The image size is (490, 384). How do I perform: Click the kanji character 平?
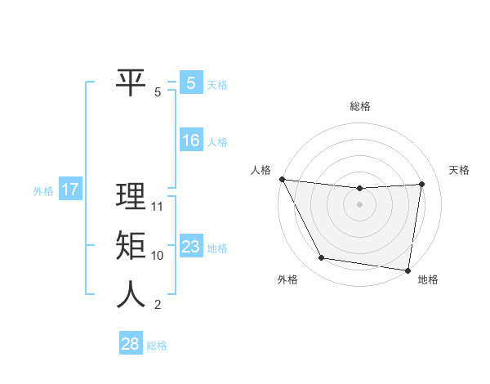(x=131, y=83)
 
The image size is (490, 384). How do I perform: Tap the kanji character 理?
(x=131, y=197)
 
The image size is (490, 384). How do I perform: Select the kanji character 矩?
(x=131, y=246)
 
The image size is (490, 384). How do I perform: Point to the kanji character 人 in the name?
(x=131, y=295)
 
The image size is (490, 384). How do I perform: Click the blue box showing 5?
(x=190, y=83)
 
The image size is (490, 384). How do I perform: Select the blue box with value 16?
(x=190, y=141)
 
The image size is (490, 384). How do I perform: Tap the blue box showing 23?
(x=190, y=247)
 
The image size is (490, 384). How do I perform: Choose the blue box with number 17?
(x=70, y=190)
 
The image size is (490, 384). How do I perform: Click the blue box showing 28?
(x=131, y=344)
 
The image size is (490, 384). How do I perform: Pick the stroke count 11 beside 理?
(x=158, y=207)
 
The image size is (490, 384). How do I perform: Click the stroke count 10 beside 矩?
(x=158, y=256)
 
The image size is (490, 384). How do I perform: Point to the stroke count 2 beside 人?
(x=158, y=306)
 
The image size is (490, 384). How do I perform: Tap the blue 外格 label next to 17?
(x=43, y=191)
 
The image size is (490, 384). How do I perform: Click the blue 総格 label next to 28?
(x=157, y=345)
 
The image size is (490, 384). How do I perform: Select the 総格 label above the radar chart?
(x=359, y=107)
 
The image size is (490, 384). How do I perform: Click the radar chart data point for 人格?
(x=282, y=179)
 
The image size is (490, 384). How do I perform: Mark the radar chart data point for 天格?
(x=422, y=184)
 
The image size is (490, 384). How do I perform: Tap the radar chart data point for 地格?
(x=408, y=270)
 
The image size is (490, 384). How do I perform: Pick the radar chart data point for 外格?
(x=322, y=258)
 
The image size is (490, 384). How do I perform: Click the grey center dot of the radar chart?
(x=359, y=204)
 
